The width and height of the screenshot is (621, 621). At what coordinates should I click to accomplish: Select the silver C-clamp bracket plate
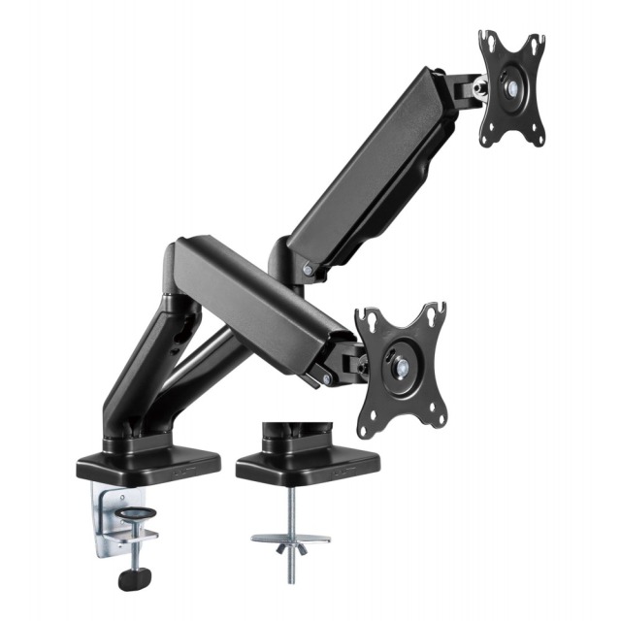pyautogui.click(x=110, y=509)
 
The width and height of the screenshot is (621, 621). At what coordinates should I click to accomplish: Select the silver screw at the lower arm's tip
pyautogui.click(x=324, y=380)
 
